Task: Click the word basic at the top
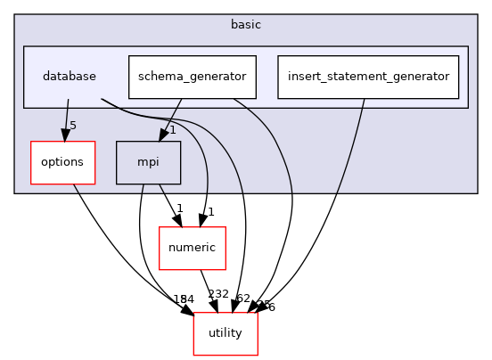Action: pos(245,24)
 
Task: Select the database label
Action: pos(70,77)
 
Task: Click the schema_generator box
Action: pos(193,77)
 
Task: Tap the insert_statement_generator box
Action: pos(368,77)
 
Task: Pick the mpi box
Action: pos(148,161)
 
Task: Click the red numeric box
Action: pos(192,248)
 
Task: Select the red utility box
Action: pos(225,333)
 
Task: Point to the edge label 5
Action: pos(73,125)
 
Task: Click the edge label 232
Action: pos(218,294)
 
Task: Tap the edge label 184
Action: pos(182,299)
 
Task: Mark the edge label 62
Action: pos(243,299)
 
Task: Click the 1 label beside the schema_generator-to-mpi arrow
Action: pos(173,130)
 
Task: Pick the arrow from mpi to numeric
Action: pos(168,204)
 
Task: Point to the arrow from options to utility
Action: pos(125,250)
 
